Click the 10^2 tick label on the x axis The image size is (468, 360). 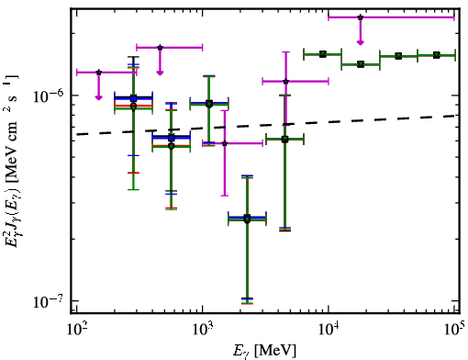coord(76,330)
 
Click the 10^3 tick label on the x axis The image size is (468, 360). coord(203,330)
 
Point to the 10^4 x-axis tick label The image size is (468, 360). coord(329,330)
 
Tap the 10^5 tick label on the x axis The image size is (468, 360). coord(455,330)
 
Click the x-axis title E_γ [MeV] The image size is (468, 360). coord(264,351)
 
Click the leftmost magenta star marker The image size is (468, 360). coord(98,73)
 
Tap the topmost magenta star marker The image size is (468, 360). coord(361,17)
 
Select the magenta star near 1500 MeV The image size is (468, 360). coord(225,143)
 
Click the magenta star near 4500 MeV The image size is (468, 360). coord(285,82)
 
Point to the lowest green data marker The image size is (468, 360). coord(247,219)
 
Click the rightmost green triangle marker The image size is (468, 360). coord(437,55)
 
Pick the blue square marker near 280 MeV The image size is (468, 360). coord(133,98)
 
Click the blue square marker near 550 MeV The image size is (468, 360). coord(172,138)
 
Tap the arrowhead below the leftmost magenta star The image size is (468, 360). coord(98,97)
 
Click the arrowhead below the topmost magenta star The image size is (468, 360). coord(361,42)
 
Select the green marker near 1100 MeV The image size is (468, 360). coord(209,104)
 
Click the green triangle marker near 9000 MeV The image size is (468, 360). coord(323,54)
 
